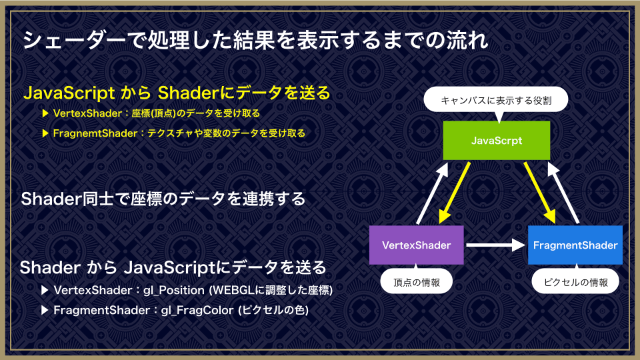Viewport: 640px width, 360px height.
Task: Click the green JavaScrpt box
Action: click(x=496, y=141)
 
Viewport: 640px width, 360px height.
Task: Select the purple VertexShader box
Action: click(x=416, y=245)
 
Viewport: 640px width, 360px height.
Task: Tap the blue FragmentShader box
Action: click(x=575, y=245)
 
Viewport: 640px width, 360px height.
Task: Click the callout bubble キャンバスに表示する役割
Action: click(x=496, y=100)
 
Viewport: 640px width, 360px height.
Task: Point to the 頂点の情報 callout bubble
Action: click(x=416, y=281)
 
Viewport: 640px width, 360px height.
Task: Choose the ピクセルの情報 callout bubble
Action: click(x=575, y=281)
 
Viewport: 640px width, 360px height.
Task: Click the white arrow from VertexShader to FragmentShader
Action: click(x=495, y=245)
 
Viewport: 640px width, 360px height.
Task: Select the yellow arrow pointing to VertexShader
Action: click(x=454, y=193)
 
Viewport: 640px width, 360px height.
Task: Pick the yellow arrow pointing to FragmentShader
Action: click(x=540, y=193)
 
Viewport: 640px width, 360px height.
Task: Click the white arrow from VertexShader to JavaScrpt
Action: click(x=432, y=193)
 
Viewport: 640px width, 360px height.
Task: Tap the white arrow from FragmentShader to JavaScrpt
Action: click(x=563, y=193)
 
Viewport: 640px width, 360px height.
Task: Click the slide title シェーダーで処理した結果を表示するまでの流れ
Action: click(x=255, y=41)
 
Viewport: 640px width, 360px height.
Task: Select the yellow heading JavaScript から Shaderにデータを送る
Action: click(x=177, y=93)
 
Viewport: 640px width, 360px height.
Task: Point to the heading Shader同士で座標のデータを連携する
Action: click(x=163, y=199)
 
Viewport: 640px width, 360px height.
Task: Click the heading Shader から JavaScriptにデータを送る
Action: click(x=173, y=268)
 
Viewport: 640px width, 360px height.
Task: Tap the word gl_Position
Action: click(x=174, y=290)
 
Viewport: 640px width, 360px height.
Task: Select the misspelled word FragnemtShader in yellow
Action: click(x=95, y=133)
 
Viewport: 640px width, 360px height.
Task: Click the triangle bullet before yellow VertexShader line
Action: click(x=46, y=113)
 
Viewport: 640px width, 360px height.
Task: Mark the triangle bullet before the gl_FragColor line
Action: click(x=45, y=310)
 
